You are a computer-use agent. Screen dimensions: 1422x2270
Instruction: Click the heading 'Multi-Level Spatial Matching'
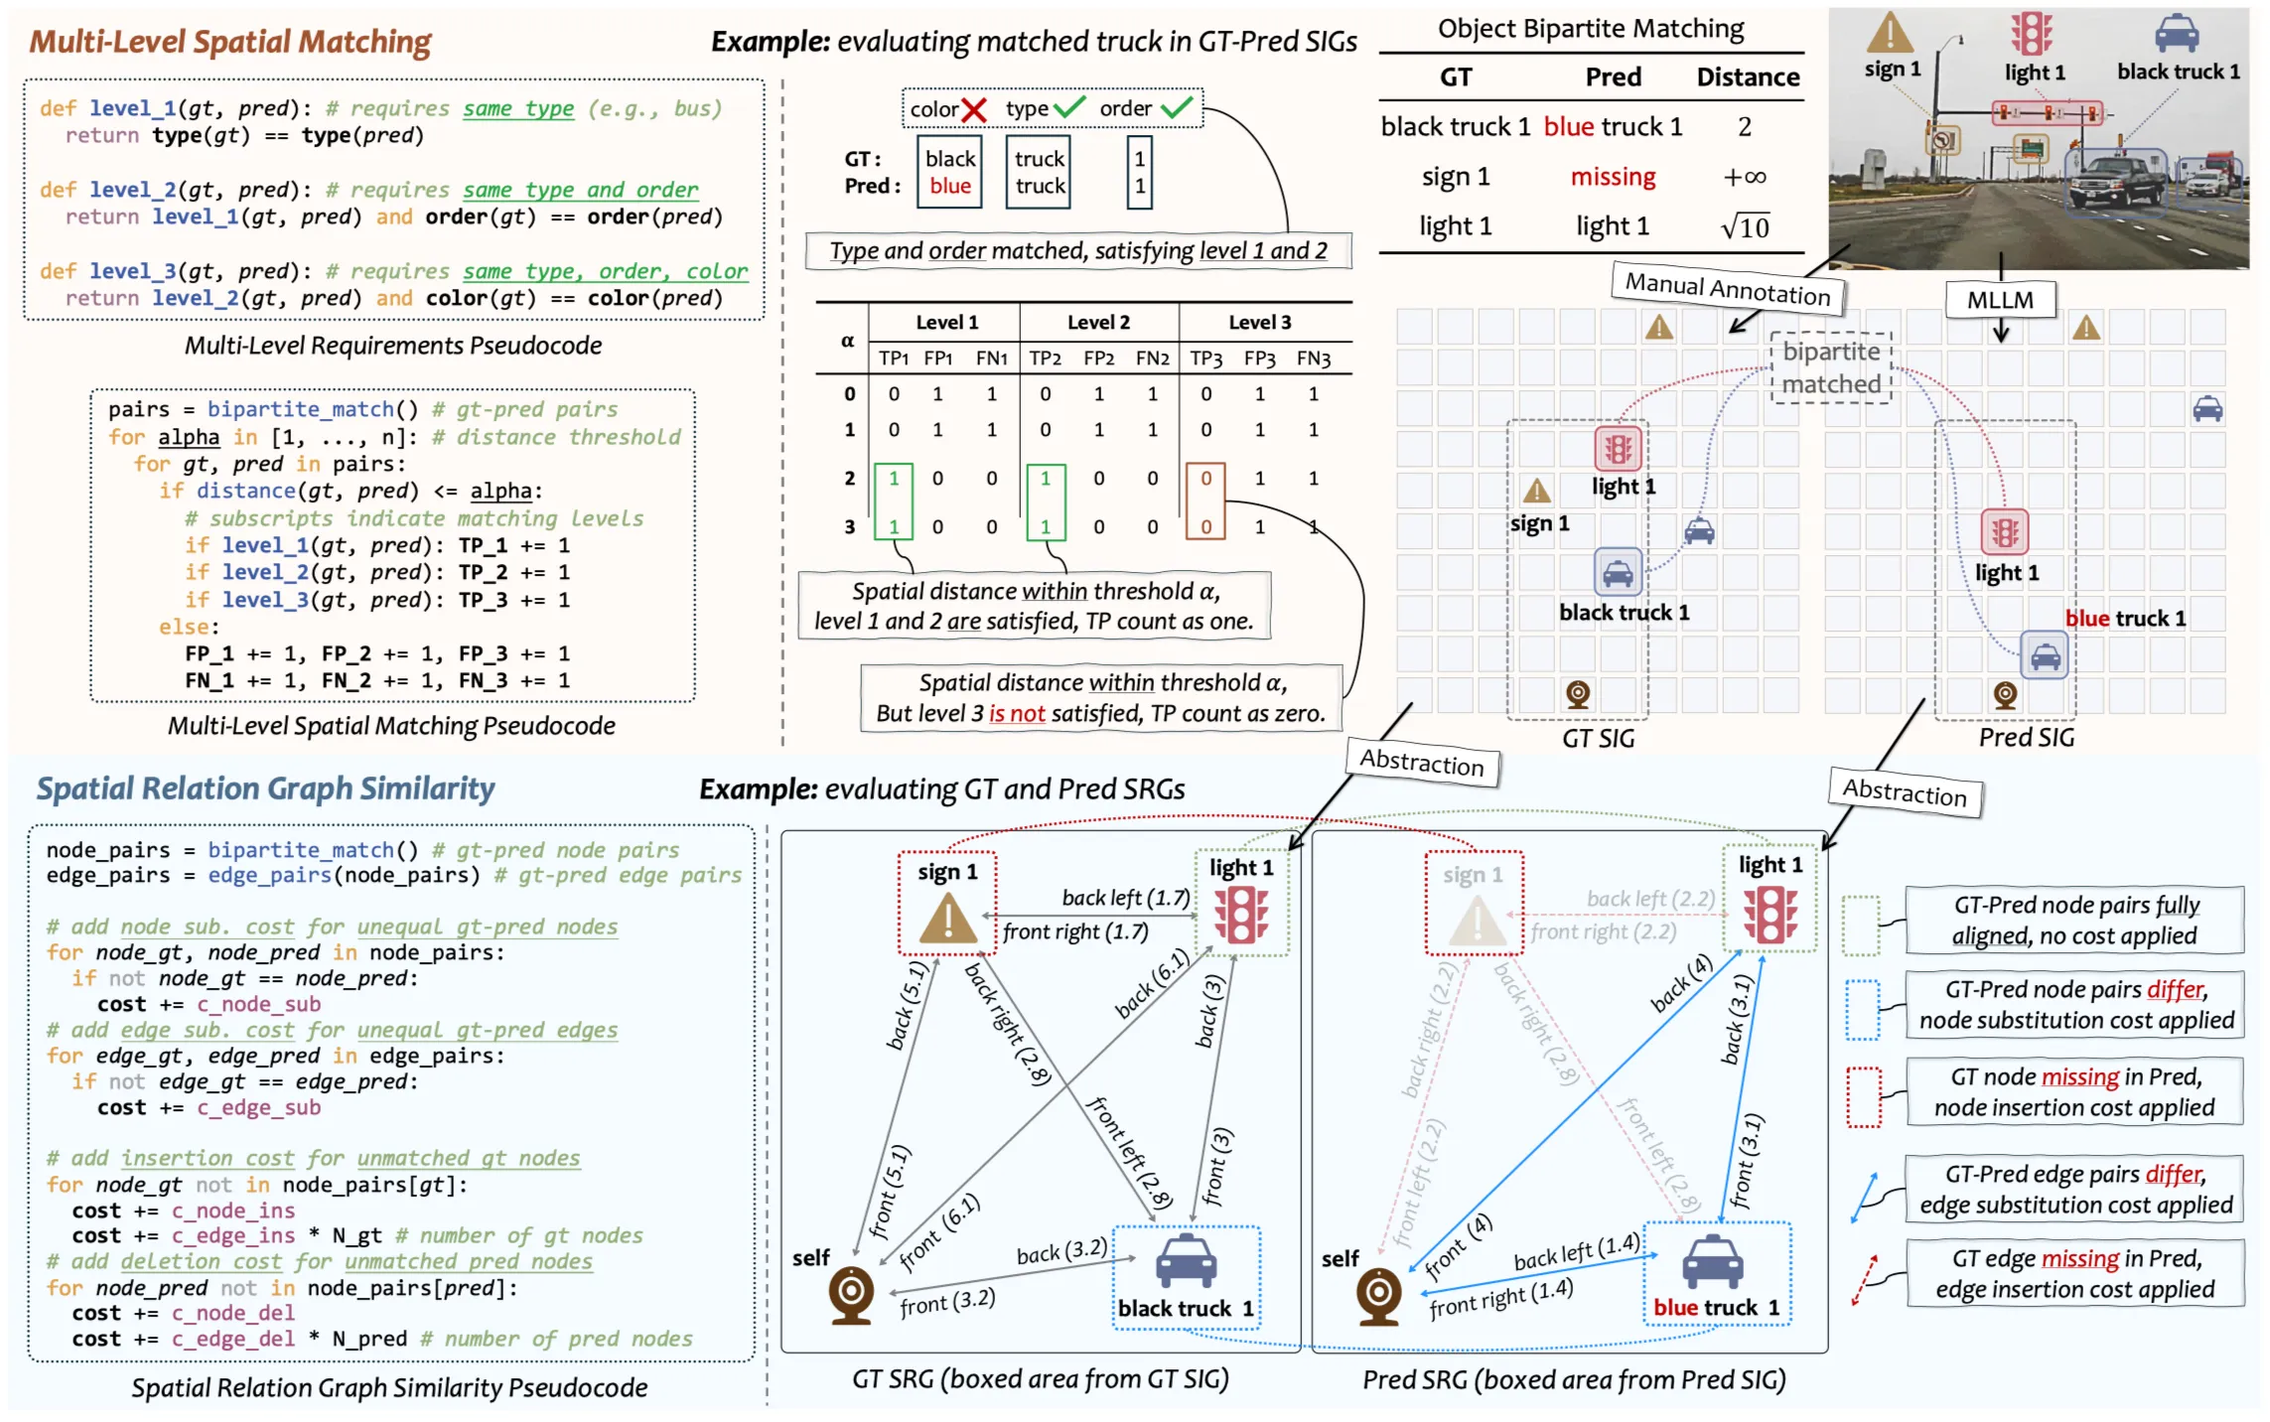[x=229, y=42]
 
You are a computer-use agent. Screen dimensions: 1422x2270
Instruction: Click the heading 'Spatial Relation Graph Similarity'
[x=265, y=788]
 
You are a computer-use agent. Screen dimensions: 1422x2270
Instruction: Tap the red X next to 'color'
[x=974, y=110]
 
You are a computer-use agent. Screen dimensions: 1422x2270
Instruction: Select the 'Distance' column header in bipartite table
[x=1747, y=77]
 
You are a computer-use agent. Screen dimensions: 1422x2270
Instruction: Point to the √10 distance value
[x=1745, y=227]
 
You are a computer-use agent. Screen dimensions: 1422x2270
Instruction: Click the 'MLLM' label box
[x=1999, y=300]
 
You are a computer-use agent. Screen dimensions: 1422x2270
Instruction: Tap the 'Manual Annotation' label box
[x=1727, y=288]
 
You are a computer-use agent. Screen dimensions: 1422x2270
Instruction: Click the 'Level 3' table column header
[x=1259, y=322]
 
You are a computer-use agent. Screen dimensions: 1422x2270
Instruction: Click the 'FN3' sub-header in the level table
[x=1313, y=358]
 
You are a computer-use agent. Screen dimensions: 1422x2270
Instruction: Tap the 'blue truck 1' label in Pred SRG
[x=1715, y=1307]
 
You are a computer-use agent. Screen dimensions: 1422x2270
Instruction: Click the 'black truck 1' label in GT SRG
[x=1185, y=1308]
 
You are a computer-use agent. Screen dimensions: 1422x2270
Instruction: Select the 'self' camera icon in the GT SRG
[x=851, y=1294]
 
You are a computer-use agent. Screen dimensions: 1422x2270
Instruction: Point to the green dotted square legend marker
[x=1860, y=924]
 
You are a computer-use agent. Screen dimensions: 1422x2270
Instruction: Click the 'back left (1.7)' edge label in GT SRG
[x=1125, y=898]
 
